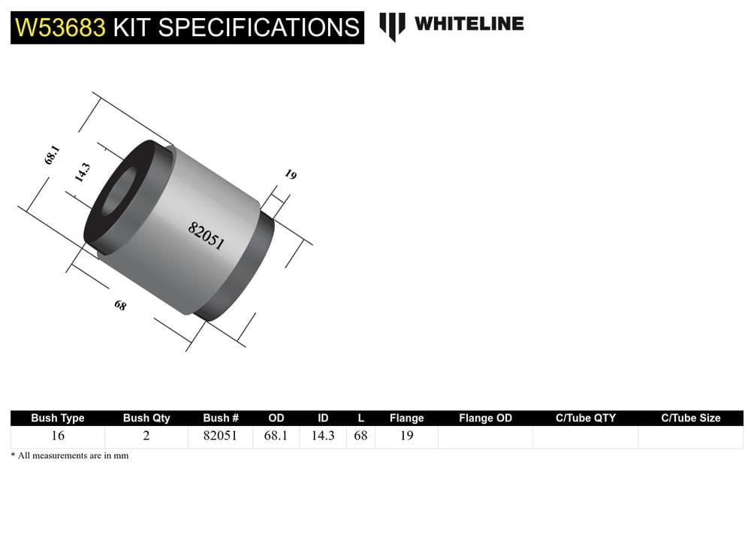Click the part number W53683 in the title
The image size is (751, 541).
pos(60,28)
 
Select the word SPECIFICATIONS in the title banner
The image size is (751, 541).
pos(258,28)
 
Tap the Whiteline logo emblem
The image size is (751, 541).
pos(392,26)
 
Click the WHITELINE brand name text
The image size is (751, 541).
pos(469,24)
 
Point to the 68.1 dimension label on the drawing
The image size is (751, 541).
pos(52,155)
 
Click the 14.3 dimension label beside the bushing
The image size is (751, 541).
pos(82,173)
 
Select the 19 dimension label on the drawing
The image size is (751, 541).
pos(291,174)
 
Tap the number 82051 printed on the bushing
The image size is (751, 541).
pos(206,235)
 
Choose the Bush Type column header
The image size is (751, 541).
pos(58,418)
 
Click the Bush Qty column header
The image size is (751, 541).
pos(146,418)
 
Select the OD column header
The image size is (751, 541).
pos(276,418)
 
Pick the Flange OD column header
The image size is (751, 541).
pos(485,418)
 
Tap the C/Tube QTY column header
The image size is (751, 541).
pos(585,418)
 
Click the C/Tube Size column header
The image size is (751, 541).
pos(690,418)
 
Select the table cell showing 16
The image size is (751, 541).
pos(58,436)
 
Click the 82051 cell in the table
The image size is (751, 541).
pos(221,436)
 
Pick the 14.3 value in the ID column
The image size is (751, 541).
pos(322,436)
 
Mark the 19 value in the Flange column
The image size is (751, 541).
pos(406,436)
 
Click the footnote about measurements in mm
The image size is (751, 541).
pos(70,456)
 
